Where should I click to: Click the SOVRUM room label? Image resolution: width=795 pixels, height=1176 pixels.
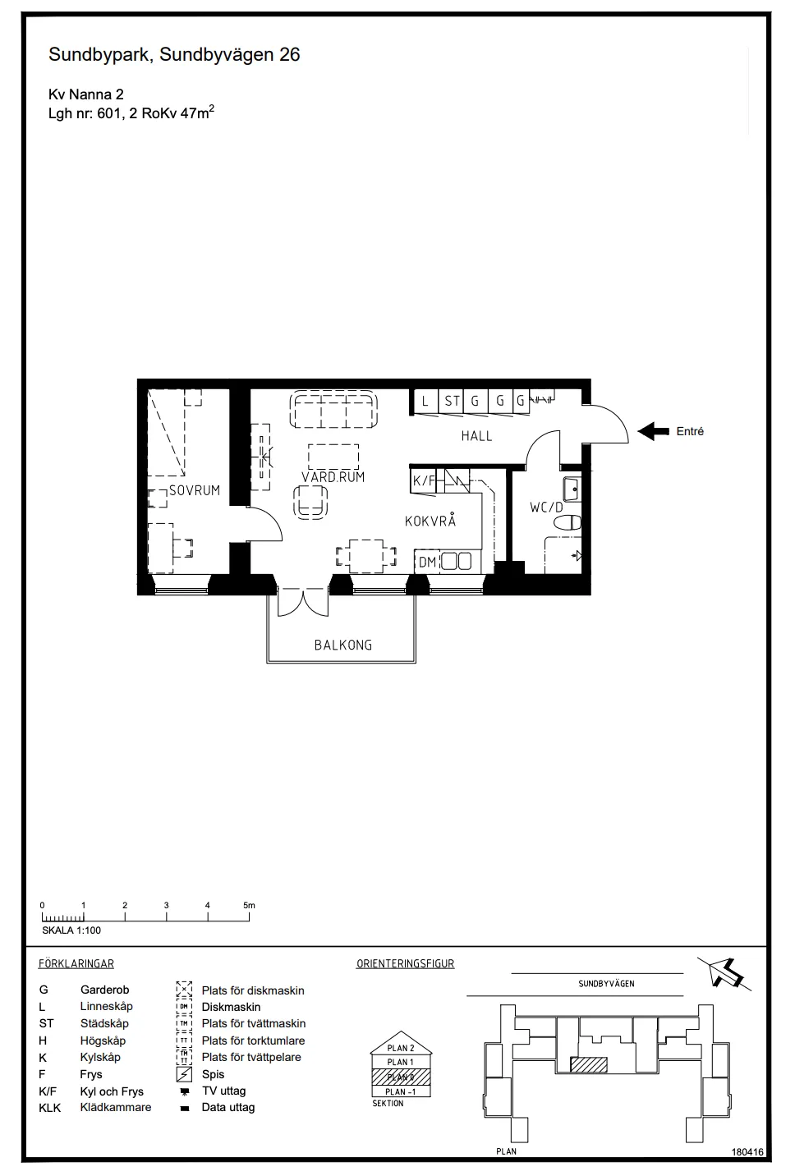point(195,490)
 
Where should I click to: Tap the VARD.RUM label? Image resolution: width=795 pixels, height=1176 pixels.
point(333,476)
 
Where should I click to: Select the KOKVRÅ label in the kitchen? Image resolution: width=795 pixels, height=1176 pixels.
point(430,521)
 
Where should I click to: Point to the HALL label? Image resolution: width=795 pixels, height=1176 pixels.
point(476,436)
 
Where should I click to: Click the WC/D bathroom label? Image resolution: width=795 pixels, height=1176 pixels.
point(546,508)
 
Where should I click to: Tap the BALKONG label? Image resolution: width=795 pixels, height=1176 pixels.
point(342,645)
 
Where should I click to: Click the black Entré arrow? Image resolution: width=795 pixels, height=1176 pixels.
point(654,431)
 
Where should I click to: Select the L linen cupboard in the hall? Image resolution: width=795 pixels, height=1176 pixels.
point(425,402)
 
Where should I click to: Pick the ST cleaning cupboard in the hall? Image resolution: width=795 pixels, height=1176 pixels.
point(452,402)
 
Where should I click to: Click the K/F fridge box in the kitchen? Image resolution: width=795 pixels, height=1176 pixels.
point(424,480)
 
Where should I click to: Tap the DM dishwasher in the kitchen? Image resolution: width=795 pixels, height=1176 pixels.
point(427,562)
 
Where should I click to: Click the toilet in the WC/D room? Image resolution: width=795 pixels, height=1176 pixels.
point(572,521)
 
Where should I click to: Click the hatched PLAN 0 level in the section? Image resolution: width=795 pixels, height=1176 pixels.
point(401,1077)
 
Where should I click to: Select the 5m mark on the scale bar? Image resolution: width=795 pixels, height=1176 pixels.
point(250,905)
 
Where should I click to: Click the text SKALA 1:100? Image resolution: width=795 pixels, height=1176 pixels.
point(71,930)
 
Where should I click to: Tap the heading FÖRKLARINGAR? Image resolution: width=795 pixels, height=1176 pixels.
point(76,963)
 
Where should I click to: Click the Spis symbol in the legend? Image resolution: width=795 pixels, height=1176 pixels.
point(184,1074)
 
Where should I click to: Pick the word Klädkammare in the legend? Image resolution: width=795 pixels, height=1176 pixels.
point(116,1107)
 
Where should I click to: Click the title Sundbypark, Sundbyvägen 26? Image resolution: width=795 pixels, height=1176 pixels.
point(174,55)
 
